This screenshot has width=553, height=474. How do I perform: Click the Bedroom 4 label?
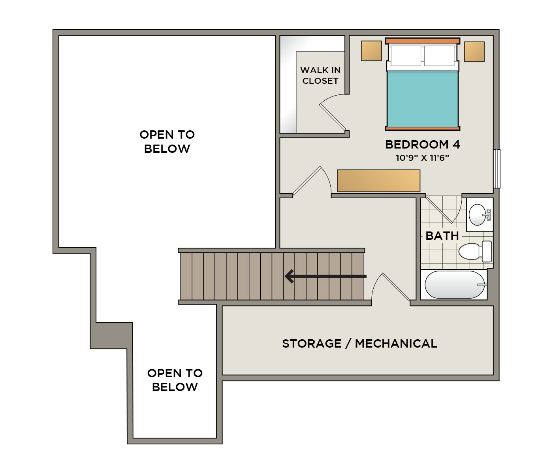[422, 145]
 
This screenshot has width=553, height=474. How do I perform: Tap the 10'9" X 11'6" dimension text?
[422, 158]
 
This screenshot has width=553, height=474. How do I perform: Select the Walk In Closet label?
[320, 75]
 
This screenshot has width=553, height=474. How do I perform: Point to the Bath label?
[442, 236]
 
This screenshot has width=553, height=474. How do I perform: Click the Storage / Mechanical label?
[360, 344]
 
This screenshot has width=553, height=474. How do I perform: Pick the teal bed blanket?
[422, 99]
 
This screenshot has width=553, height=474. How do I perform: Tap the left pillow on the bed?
[406, 56]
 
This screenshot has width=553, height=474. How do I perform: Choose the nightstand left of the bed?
[371, 51]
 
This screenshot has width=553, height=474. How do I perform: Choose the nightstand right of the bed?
[474, 52]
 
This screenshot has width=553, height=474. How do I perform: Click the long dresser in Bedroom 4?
[378, 181]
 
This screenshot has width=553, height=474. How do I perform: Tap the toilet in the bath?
[475, 251]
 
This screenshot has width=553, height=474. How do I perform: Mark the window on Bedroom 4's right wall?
[497, 169]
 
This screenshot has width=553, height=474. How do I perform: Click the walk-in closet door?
[333, 117]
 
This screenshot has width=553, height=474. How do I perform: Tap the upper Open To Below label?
[167, 142]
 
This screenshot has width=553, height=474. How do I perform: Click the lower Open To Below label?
[175, 380]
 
